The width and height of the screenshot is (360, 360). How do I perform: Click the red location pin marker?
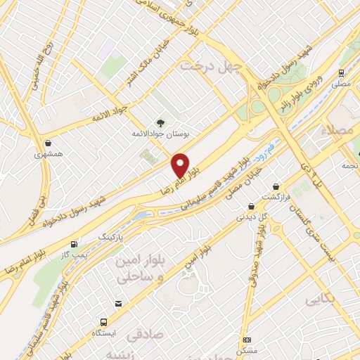[x=181, y=165]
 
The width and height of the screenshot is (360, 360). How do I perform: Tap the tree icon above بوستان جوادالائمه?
[x=161, y=123]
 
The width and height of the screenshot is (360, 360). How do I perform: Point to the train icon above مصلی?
[x=341, y=72]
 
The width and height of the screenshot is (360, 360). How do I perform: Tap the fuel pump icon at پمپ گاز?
[x=75, y=243]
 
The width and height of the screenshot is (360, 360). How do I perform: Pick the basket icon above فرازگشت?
[x=276, y=187]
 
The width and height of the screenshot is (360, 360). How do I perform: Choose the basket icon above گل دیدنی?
[x=252, y=207]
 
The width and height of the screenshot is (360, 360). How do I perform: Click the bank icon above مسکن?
[x=247, y=340]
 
